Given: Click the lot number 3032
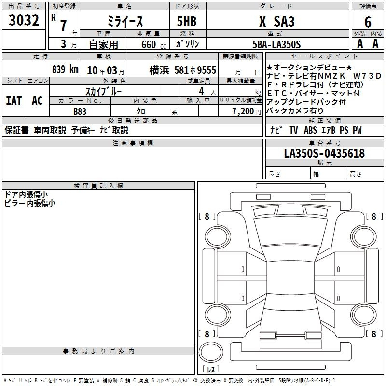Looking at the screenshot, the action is (x=24, y=20).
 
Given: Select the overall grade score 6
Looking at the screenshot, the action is (x=368, y=22).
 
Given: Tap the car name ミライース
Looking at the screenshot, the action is (x=125, y=21).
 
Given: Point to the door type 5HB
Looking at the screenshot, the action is (x=187, y=21).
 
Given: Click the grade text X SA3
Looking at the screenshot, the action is (x=277, y=21).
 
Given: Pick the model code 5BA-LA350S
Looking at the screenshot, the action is (x=276, y=44).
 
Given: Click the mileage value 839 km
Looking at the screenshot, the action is (x=65, y=69).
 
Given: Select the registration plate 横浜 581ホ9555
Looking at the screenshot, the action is (x=183, y=70).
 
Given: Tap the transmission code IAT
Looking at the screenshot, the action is (x=14, y=101).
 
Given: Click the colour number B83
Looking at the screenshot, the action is (x=80, y=111).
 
